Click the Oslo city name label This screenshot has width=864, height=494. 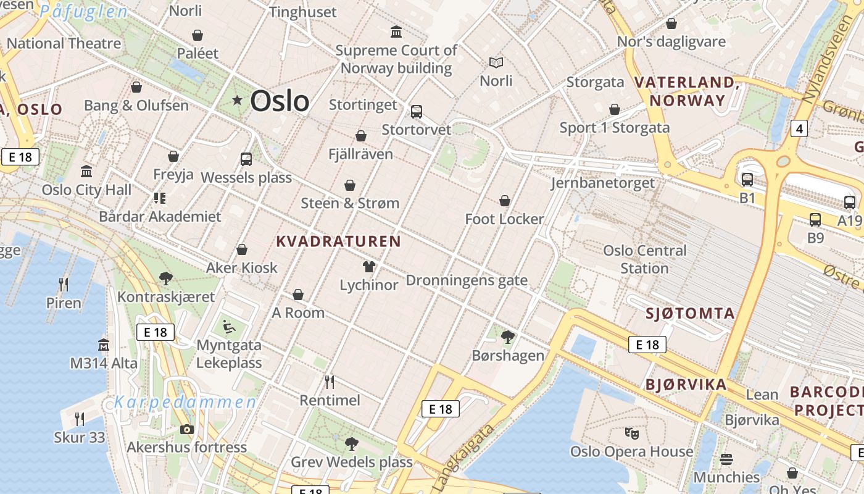click(x=280, y=101)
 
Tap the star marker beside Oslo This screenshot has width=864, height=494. click(x=237, y=100)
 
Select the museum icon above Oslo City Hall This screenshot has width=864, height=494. click(x=86, y=171)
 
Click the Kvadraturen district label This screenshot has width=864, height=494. click(x=338, y=241)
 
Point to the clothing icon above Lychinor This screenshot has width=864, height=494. click(x=369, y=267)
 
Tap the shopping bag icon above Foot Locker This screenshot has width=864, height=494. click(x=505, y=201)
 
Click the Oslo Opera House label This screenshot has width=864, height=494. click(x=631, y=451)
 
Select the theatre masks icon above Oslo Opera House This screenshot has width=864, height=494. click(x=631, y=433)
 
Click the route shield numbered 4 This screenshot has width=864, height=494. click(x=799, y=128)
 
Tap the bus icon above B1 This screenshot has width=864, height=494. click(x=747, y=180)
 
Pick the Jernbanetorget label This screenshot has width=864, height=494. click(x=602, y=183)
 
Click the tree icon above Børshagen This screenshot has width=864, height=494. click(x=508, y=337)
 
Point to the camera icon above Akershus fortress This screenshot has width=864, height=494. click(x=187, y=429)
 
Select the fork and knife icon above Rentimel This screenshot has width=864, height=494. click(x=330, y=382)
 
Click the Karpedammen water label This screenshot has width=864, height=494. click(x=185, y=403)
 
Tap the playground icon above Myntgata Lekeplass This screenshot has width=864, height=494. click(x=228, y=326)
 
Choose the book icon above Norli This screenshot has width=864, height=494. click(x=496, y=62)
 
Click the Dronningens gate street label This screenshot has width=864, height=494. click(x=467, y=280)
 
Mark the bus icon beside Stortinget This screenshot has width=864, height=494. click(x=417, y=112)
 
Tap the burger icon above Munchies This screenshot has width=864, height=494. click(x=726, y=459)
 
